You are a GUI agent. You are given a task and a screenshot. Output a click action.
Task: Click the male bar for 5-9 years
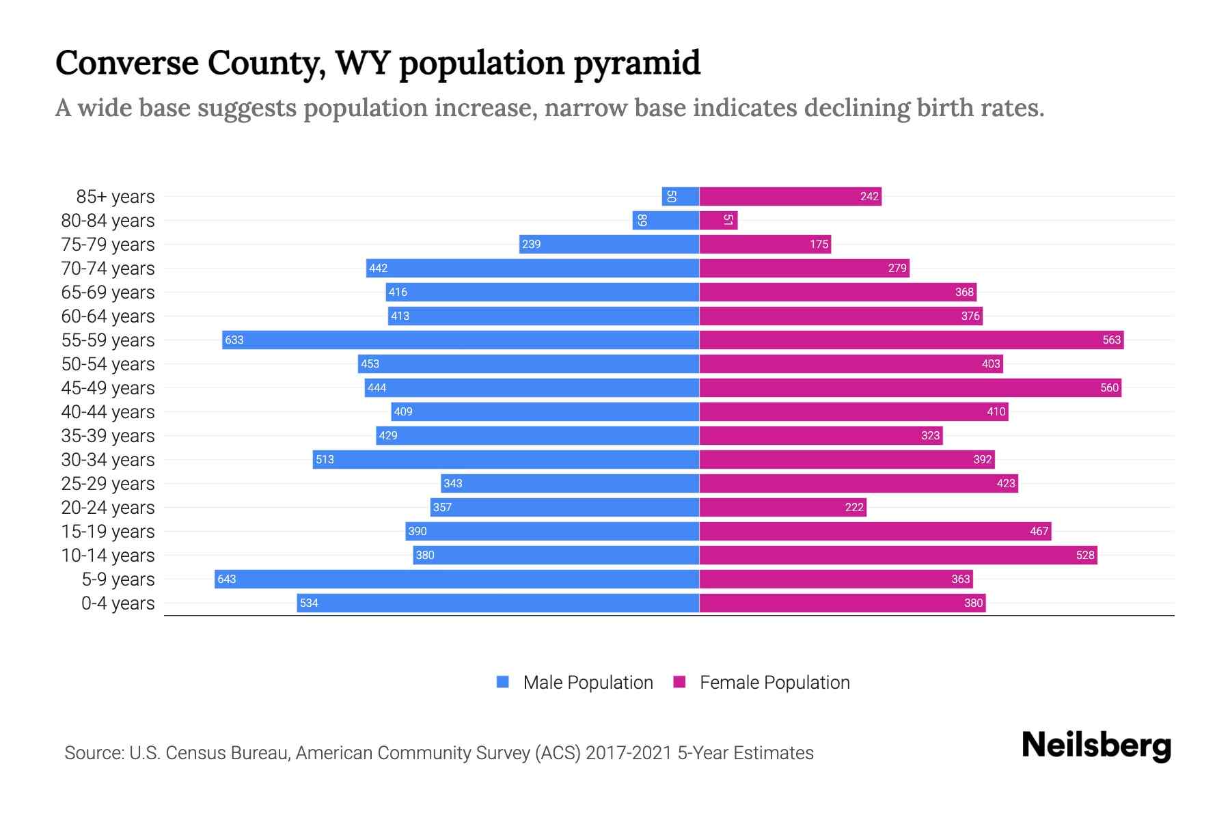[456, 579]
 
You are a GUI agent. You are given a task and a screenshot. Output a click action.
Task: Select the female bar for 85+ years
[790, 197]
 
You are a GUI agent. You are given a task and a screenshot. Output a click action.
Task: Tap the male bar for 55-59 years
[461, 340]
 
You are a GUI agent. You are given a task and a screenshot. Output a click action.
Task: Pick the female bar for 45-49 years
[910, 388]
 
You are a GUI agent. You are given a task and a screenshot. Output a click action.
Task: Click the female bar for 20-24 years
[782, 508]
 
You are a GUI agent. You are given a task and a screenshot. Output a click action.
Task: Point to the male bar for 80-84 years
[666, 221]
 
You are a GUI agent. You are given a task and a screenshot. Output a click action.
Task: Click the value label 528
[1084, 556]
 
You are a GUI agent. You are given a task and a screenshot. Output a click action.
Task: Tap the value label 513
[325, 460]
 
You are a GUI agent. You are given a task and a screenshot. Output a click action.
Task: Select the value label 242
[869, 197]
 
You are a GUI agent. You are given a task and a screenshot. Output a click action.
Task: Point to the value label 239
[531, 245]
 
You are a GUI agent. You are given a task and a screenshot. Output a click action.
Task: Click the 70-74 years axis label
[108, 269]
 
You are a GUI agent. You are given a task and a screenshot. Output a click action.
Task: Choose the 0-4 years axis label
[118, 603]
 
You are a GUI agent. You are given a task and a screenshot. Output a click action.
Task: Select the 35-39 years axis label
[108, 436]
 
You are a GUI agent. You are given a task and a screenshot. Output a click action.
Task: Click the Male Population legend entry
[587, 683]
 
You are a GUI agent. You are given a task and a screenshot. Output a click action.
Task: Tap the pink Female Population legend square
[679, 682]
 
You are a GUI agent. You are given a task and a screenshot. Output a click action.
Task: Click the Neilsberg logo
[1096, 746]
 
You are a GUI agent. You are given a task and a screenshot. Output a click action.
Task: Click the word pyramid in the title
[637, 64]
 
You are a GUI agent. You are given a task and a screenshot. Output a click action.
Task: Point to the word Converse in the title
[126, 63]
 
